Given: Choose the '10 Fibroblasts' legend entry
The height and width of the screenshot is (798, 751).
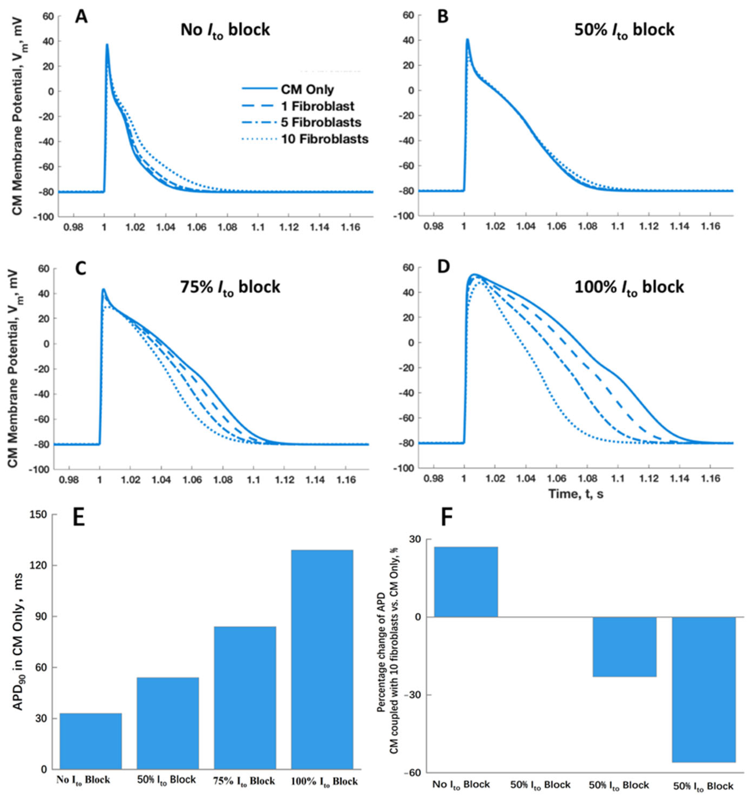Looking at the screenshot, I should click(x=324, y=139).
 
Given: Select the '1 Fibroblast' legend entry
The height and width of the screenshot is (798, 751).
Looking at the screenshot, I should click(x=317, y=106).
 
